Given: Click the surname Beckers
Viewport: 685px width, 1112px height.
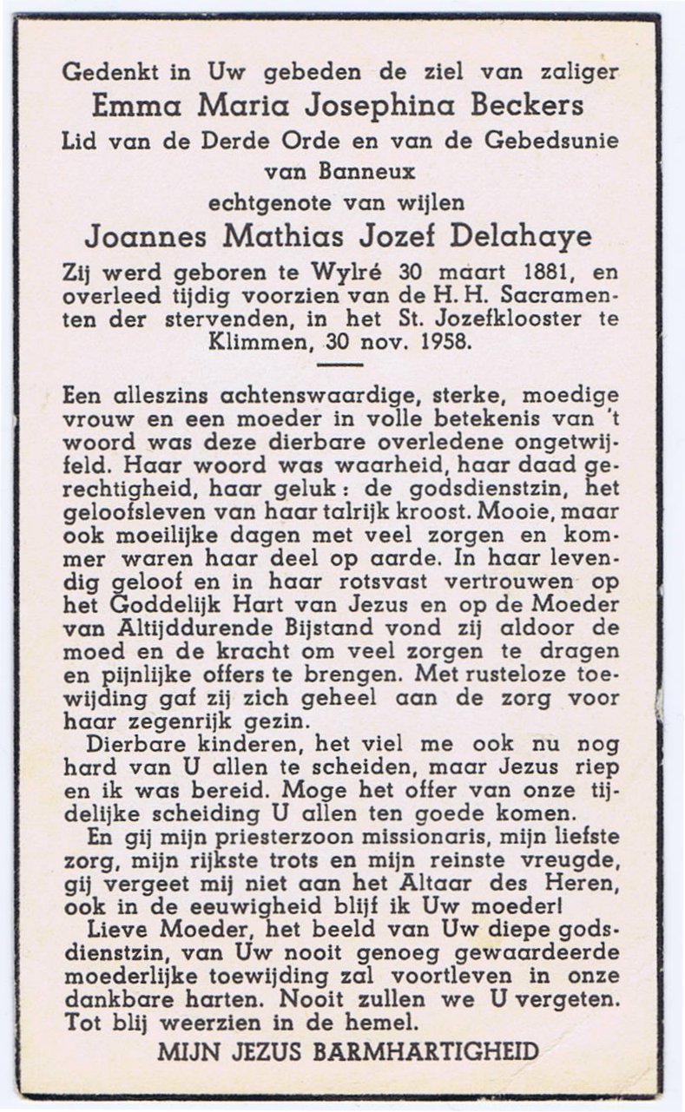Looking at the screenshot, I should click(x=526, y=107).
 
